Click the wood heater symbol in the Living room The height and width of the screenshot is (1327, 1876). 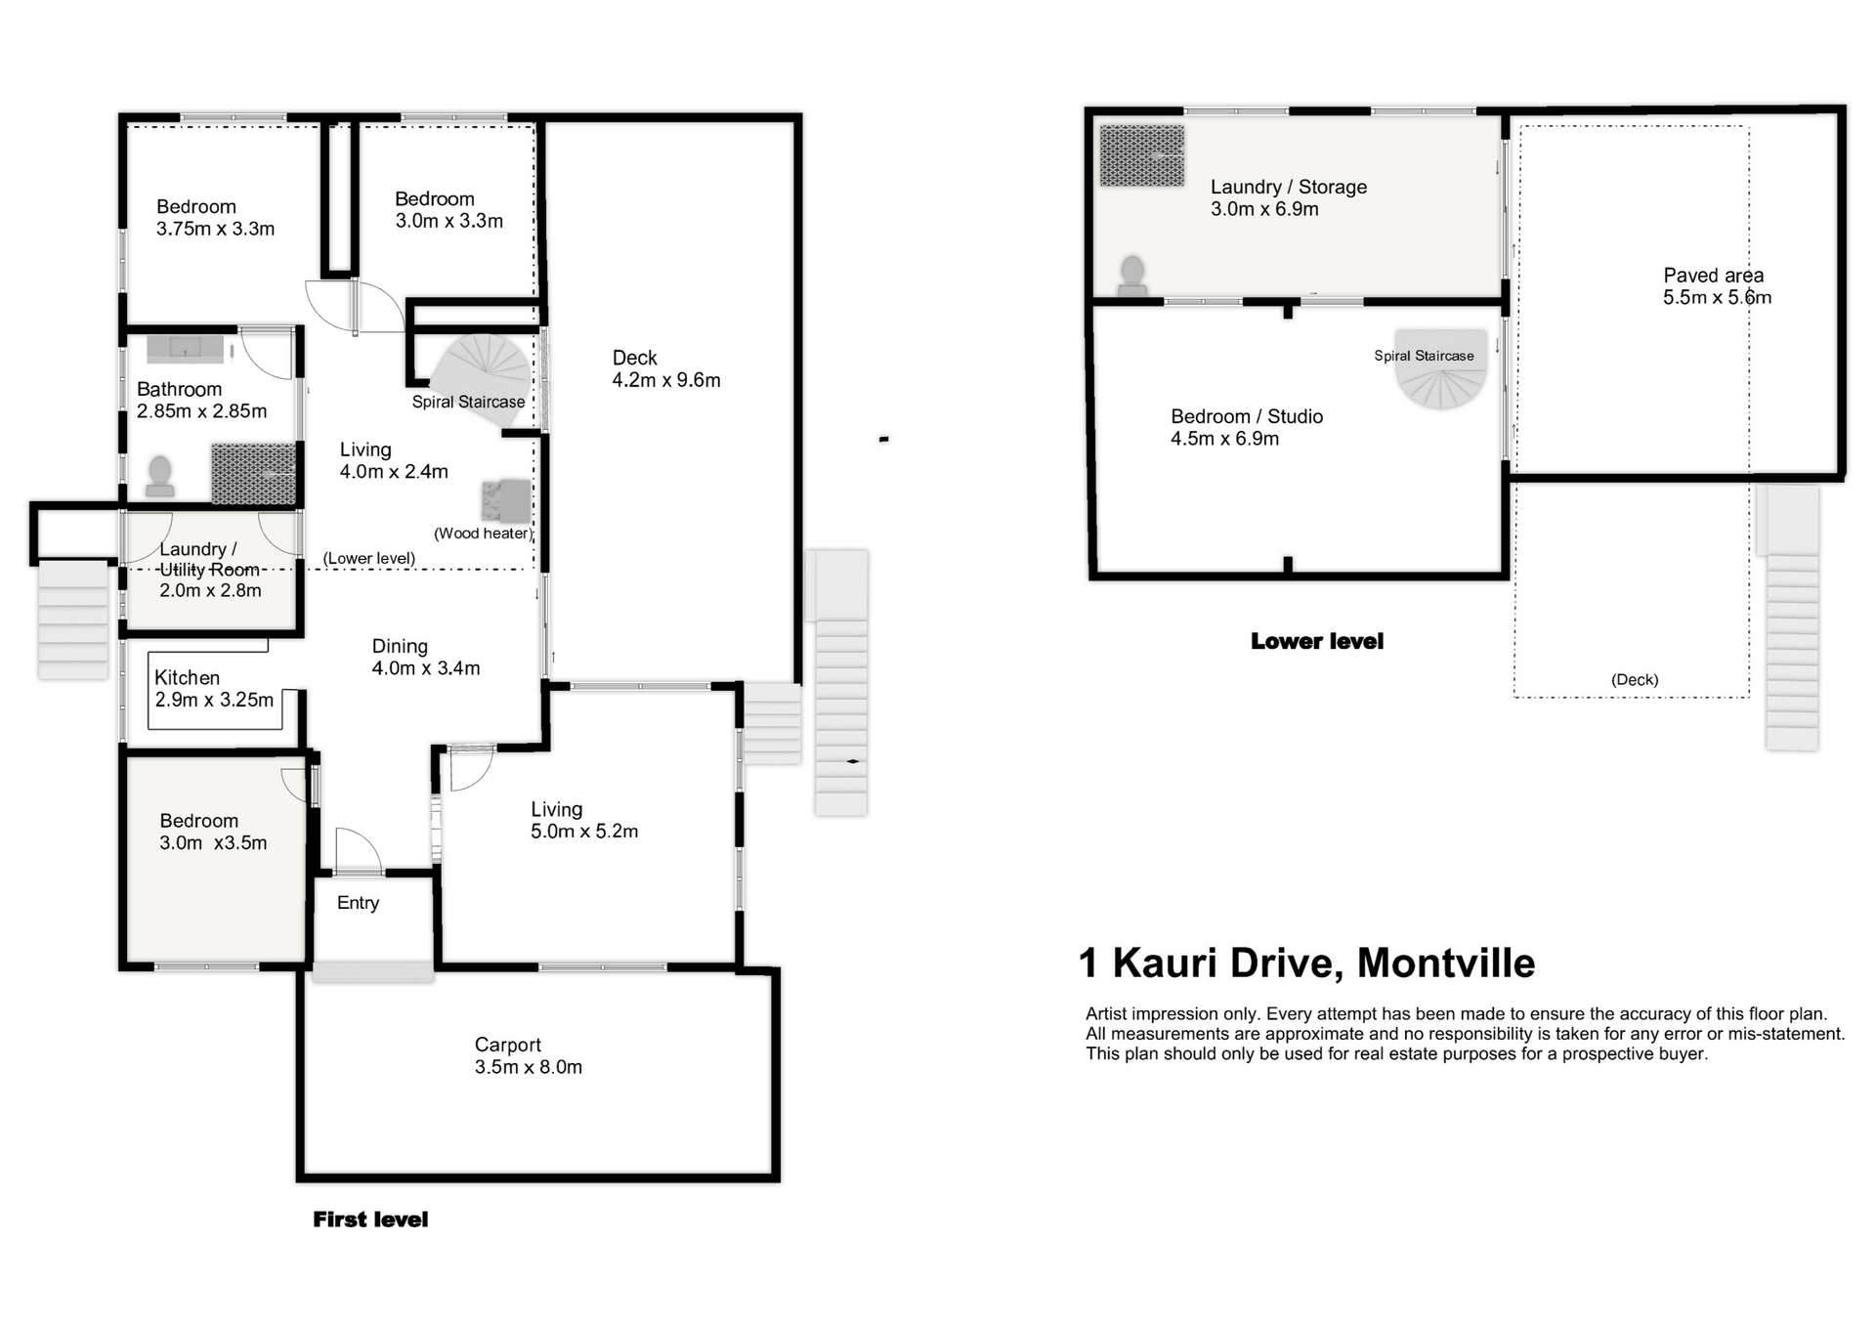[x=506, y=500]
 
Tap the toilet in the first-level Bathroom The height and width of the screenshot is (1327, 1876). [x=159, y=476]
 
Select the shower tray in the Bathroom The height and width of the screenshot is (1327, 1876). [x=253, y=474]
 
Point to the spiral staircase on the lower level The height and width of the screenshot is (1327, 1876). [x=1440, y=367]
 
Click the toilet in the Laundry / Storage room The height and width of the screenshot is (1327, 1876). [x=1132, y=275]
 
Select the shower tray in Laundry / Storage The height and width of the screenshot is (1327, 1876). [x=1142, y=155]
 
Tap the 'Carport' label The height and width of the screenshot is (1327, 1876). [x=508, y=1045]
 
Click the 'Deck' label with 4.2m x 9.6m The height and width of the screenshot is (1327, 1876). [x=635, y=358]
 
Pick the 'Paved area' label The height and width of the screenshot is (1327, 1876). [x=1714, y=276]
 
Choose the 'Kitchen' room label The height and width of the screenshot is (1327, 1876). [x=187, y=677]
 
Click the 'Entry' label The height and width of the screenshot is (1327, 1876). [x=358, y=903]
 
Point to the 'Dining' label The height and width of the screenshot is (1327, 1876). [x=400, y=646]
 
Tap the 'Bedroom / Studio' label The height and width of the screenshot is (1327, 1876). [x=1247, y=416]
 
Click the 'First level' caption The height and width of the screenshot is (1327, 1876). [x=370, y=1220]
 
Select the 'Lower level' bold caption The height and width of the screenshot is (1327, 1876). [x=1317, y=642]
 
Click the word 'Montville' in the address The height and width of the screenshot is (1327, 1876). [x=1446, y=963]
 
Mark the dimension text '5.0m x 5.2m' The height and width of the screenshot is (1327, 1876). [x=584, y=832]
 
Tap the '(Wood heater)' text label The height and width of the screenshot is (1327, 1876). [x=483, y=534]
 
